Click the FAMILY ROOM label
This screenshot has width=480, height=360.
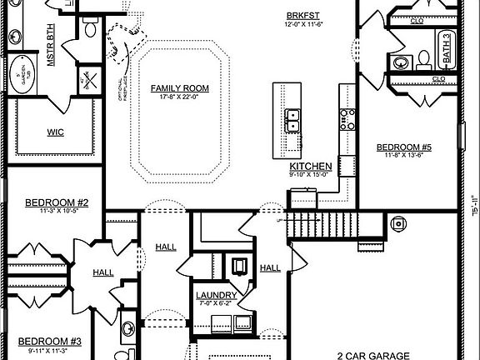click(179, 87)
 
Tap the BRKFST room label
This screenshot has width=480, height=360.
click(301, 16)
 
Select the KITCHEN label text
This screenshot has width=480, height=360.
click(312, 167)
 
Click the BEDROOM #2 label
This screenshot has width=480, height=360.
click(51, 202)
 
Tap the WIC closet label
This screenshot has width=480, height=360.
click(56, 132)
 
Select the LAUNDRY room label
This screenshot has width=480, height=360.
click(216, 295)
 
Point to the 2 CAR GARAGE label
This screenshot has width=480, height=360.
click(377, 355)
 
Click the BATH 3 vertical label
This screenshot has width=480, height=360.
click(447, 48)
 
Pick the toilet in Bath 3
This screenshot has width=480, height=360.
click(423, 57)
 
